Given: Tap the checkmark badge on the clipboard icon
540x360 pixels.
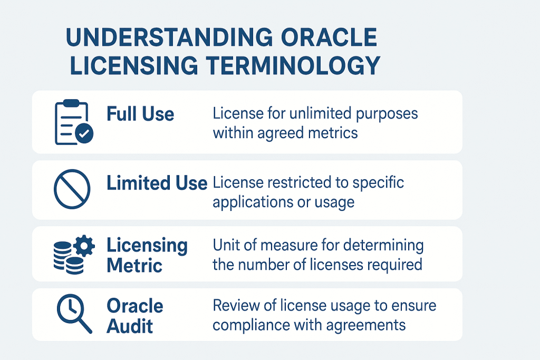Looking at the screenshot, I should coord(84,134).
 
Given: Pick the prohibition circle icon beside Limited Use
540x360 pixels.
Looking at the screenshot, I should coord(72,189).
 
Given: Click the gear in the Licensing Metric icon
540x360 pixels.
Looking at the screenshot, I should coord(84,246).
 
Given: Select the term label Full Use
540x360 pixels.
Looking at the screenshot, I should coord(140,114).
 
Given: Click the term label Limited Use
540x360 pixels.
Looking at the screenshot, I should coord(157,183).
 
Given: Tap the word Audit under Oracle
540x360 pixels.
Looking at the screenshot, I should coord(130,326).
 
